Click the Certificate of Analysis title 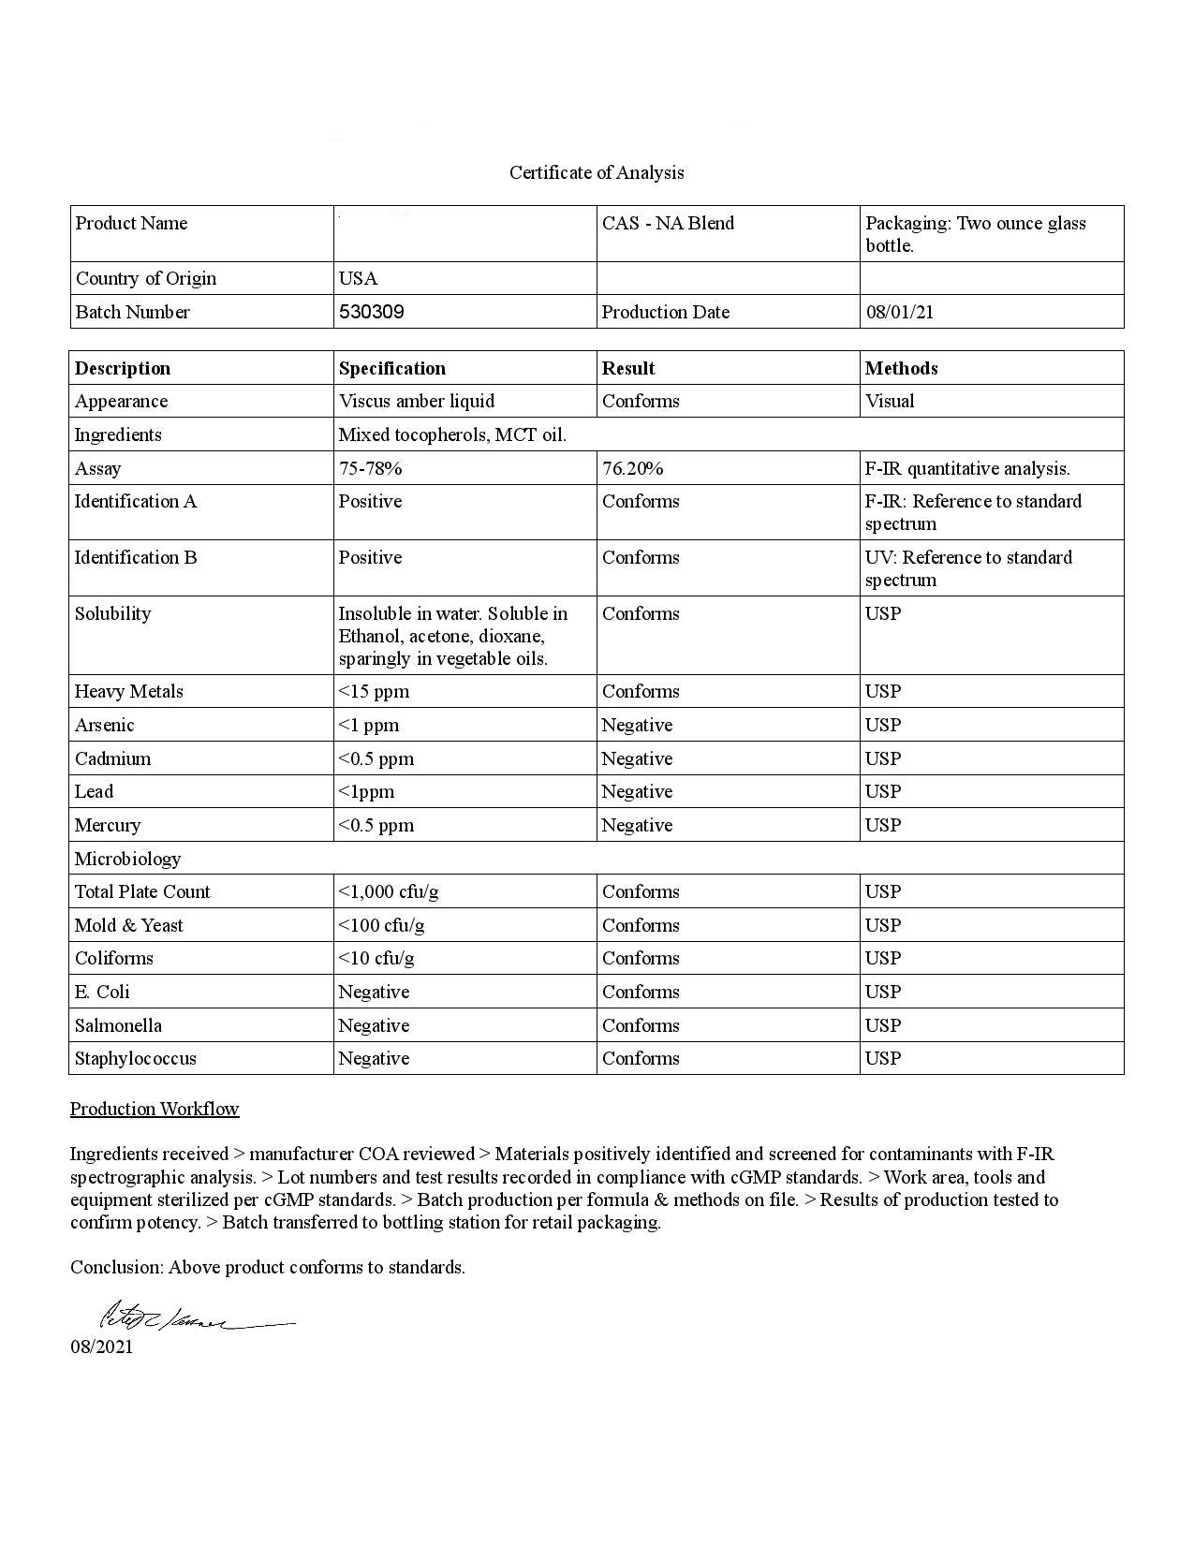point(597,172)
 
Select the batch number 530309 point(371,312)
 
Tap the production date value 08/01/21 point(899,312)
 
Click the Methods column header point(901,368)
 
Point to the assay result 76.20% point(632,468)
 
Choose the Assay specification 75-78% point(370,468)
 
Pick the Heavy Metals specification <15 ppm point(374,691)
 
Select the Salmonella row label point(118,1025)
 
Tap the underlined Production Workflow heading point(155,1109)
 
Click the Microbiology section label point(127,859)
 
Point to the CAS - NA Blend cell point(668,223)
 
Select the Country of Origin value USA point(358,278)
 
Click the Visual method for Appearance point(890,401)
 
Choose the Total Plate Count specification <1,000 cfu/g point(389,891)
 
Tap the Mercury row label point(108,825)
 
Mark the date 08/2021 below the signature point(101,1346)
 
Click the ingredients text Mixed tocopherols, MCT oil point(452,434)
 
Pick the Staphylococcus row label point(136,1058)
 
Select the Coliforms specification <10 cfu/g point(376,958)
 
